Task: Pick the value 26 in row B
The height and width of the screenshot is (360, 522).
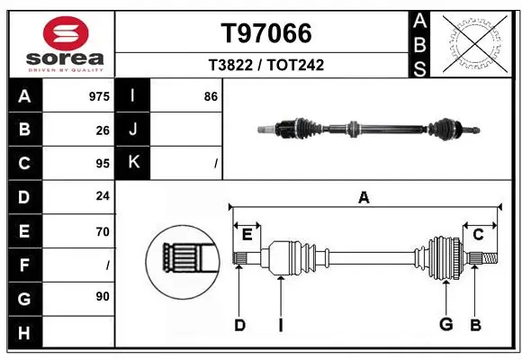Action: click(x=103, y=130)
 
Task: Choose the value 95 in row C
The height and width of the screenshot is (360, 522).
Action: click(x=103, y=164)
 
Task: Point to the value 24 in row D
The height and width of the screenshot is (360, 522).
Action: click(x=103, y=197)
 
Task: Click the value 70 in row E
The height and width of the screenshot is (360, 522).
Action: click(x=103, y=231)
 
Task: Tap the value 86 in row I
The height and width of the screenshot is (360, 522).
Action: click(x=211, y=96)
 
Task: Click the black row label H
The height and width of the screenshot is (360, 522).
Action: click(x=24, y=332)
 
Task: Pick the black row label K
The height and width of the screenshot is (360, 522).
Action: click(x=133, y=163)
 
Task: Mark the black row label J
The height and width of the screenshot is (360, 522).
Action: click(x=133, y=130)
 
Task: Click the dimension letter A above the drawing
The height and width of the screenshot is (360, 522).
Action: click(x=364, y=197)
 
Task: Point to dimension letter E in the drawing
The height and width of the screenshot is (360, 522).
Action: click(x=246, y=236)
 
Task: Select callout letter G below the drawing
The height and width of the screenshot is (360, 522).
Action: click(x=445, y=324)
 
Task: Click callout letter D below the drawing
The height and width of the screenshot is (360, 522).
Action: click(x=239, y=325)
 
